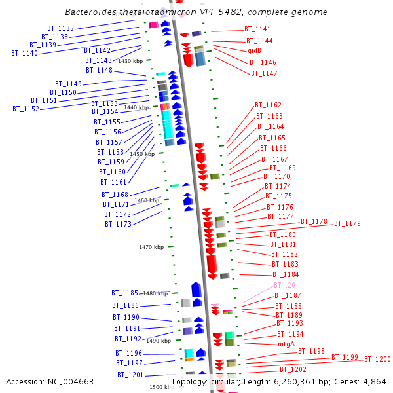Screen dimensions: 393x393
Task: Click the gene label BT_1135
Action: [x=61, y=29]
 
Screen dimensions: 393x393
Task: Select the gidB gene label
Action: [x=254, y=51]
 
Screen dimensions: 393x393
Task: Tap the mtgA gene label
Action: [x=286, y=344]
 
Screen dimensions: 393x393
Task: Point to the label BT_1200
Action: [x=377, y=359]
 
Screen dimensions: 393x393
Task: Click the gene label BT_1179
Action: [x=347, y=224]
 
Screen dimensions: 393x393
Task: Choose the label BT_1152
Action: [x=26, y=109]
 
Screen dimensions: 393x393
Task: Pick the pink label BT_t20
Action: [x=284, y=286]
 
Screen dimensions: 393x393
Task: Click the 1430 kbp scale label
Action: [x=130, y=61]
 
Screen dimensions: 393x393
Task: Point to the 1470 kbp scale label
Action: [x=151, y=247]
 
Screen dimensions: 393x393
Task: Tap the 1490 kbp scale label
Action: [x=159, y=341]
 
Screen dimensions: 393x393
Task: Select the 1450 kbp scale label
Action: [x=142, y=154]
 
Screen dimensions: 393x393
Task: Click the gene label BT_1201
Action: [x=131, y=375]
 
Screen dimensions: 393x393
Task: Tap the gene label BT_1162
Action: [x=269, y=105]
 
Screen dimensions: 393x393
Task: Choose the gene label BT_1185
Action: [x=124, y=293]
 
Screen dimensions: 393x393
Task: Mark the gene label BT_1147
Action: [x=264, y=73]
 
